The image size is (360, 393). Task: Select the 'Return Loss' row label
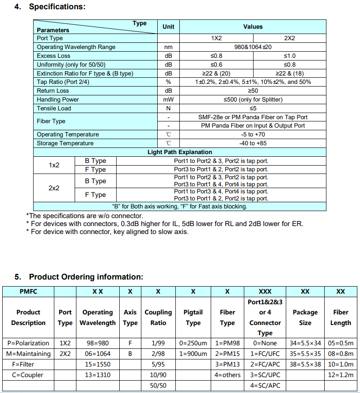pyautogui.click(x=53, y=91)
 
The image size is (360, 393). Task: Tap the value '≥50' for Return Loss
pyautogui.click(x=253, y=91)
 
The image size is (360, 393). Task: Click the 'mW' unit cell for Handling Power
pyautogui.click(x=168, y=99)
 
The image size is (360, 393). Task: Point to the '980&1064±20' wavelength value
pyautogui.click(x=253, y=47)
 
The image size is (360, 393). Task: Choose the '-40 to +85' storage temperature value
pyautogui.click(x=253, y=143)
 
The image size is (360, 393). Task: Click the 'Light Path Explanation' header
pyautogui.click(x=180, y=152)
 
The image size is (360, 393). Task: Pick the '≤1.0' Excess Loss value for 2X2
pyautogui.click(x=289, y=56)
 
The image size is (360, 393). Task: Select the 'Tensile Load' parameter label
pyautogui.click(x=54, y=108)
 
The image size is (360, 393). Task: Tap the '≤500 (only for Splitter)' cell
pyautogui.click(x=253, y=99)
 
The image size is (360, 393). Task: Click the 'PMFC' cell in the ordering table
pyautogui.click(x=28, y=291)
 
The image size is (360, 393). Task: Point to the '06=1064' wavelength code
pyautogui.click(x=98, y=354)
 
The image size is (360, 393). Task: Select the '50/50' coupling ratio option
pyautogui.click(x=158, y=385)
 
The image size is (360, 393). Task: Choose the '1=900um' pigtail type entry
pyautogui.click(x=193, y=354)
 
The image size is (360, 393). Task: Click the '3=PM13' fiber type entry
pyautogui.click(x=227, y=364)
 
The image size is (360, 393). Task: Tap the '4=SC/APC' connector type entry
pyautogui.click(x=265, y=385)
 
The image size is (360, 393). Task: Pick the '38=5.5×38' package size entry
pyautogui.click(x=305, y=364)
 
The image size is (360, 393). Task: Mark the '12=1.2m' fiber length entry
pyautogui.click(x=341, y=375)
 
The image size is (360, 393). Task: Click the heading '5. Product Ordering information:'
pyautogui.click(x=79, y=277)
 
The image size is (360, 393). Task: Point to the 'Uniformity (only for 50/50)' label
pyautogui.click(x=71, y=64)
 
